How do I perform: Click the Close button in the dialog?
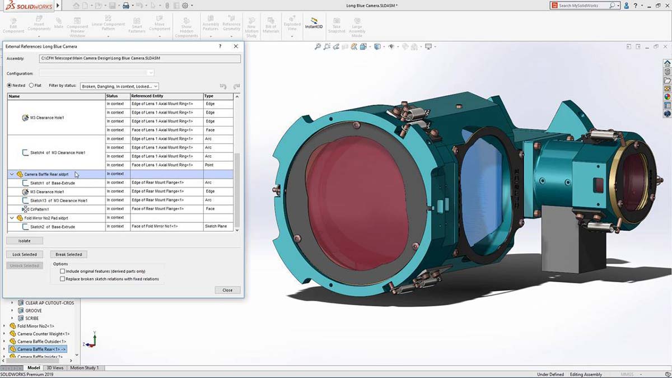click(x=227, y=290)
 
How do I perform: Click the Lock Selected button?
click(x=24, y=254)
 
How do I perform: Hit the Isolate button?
click(x=24, y=241)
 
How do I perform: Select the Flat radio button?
click(x=32, y=86)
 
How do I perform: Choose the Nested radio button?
click(x=10, y=86)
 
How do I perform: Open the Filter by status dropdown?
click(x=119, y=86)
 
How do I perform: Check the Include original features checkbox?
click(x=62, y=271)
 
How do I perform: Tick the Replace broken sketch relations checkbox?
click(x=62, y=279)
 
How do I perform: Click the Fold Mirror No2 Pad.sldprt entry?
click(x=46, y=218)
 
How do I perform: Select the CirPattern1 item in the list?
click(x=39, y=209)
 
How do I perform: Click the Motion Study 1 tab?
click(x=84, y=368)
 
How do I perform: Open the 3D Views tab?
click(x=55, y=368)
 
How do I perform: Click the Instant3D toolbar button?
click(x=314, y=23)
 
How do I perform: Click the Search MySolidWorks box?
click(x=582, y=6)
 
